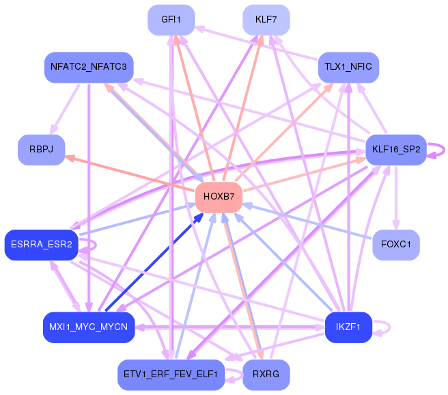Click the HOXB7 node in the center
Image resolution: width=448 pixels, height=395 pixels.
pyautogui.click(x=219, y=197)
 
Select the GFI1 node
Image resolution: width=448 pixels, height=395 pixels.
pyautogui.click(x=171, y=20)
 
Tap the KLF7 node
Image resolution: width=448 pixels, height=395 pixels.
pyautogui.click(x=266, y=20)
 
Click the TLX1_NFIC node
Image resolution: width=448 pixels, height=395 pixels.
pyautogui.click(x=348, y=68)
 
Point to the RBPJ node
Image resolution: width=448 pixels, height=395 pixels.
pyautogui.click(x=41, y=150)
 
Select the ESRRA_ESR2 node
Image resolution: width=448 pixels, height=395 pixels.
pyautogui.click(x=41, y=245)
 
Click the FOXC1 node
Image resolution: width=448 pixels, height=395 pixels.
pyautogui.click(x=396, y=245)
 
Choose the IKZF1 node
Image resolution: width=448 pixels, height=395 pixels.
pyautogui.click(x=348, y=327)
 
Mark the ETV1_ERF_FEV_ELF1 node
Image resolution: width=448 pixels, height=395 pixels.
pyautogui.click(x=171, y=374)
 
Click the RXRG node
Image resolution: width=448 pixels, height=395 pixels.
pyautogui.click(x=266, y=374)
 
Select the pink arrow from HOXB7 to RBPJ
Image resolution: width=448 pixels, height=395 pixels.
pyautogui.click(x=130, y=174)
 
